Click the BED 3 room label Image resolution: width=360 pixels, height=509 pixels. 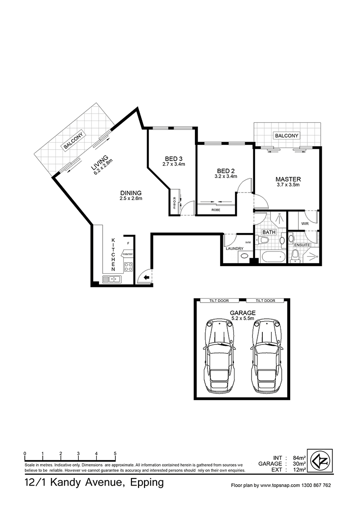(x=174, y=159)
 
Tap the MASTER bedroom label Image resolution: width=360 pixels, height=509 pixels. (x=288, y=179)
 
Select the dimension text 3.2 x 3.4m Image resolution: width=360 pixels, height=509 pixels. (x=226, y=177)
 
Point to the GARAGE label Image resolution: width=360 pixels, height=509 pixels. (x=243, y=313)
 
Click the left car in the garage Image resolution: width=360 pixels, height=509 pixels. (x=219, y=356)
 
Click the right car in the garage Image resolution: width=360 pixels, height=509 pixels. (x=266, y=356)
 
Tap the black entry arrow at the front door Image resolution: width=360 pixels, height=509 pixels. (x=146, y=277)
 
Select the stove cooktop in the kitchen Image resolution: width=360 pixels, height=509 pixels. (x=128, y=267)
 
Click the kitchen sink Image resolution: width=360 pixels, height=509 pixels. (x=112, y=279)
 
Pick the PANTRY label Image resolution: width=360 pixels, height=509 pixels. (x=127, y=254)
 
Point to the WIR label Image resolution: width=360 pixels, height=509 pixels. (x=305, y=223)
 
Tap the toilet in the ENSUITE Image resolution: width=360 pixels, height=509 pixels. (x=295, y=255)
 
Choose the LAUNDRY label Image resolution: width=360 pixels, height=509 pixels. (x=234, y=249)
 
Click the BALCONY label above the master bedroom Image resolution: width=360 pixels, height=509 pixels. (x=286, y=136)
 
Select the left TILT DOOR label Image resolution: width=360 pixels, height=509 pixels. (x=219, y=301)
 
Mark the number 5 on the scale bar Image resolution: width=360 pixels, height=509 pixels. (x=115, y=454)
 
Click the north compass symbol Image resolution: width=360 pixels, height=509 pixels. (x=319, y=461)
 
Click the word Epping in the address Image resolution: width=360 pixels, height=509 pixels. (x=147, y=483)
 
